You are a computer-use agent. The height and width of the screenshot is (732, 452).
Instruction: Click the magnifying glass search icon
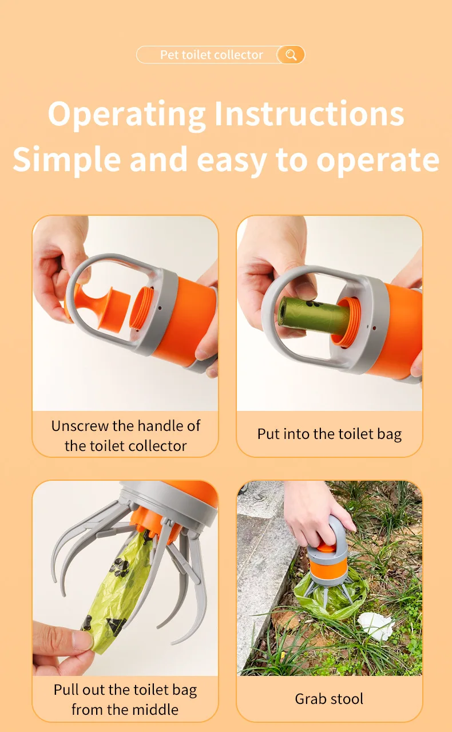coord(291,55)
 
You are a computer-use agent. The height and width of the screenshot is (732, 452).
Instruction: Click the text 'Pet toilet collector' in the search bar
coord(211,55)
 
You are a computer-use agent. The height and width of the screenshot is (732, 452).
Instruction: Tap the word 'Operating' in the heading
coord(126,114)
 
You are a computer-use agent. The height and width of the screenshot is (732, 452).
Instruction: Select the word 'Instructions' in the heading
coord(309,114)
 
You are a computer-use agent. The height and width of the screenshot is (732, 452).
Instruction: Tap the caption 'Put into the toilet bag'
coord(330,434)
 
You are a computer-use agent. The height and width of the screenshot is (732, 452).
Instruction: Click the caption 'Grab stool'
coord(329,699)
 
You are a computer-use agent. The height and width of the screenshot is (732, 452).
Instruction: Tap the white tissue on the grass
coord(376,626)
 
